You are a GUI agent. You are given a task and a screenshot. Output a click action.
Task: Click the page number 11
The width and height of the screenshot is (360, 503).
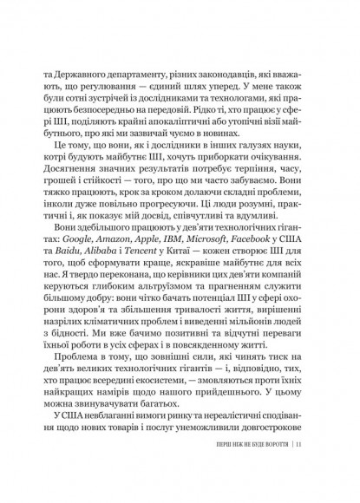click(298, 473)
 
